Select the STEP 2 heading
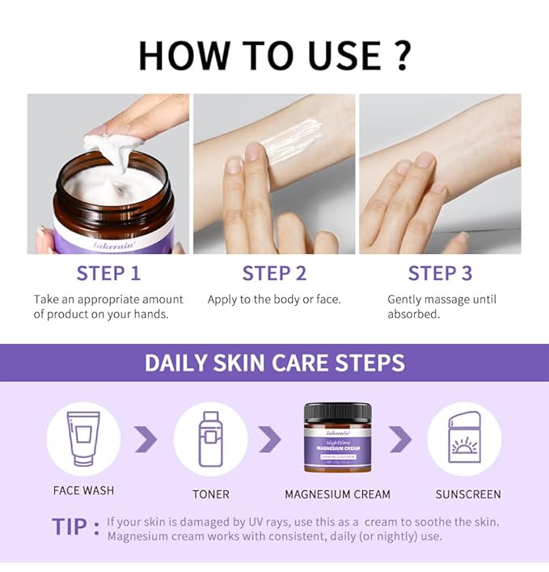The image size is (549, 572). pos(274,273)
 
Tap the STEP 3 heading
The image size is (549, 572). pos(440,273)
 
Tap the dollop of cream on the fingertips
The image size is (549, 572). pos(113,150)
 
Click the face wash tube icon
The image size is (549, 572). pos(83,439)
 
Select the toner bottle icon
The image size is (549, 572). pos(210,439)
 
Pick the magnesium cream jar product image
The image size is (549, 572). pos(337,438)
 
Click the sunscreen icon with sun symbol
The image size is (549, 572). pos(464,439)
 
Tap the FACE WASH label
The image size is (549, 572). pos(83,491)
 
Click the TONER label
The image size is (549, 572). pos(210,494)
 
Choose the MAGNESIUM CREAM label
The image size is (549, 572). pos(337,494)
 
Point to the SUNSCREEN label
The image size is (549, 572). pos(468,494)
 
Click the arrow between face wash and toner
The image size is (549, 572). pos(146,439)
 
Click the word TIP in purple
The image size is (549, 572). pos(70,527)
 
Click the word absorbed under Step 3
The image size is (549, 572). pos(413,314)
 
